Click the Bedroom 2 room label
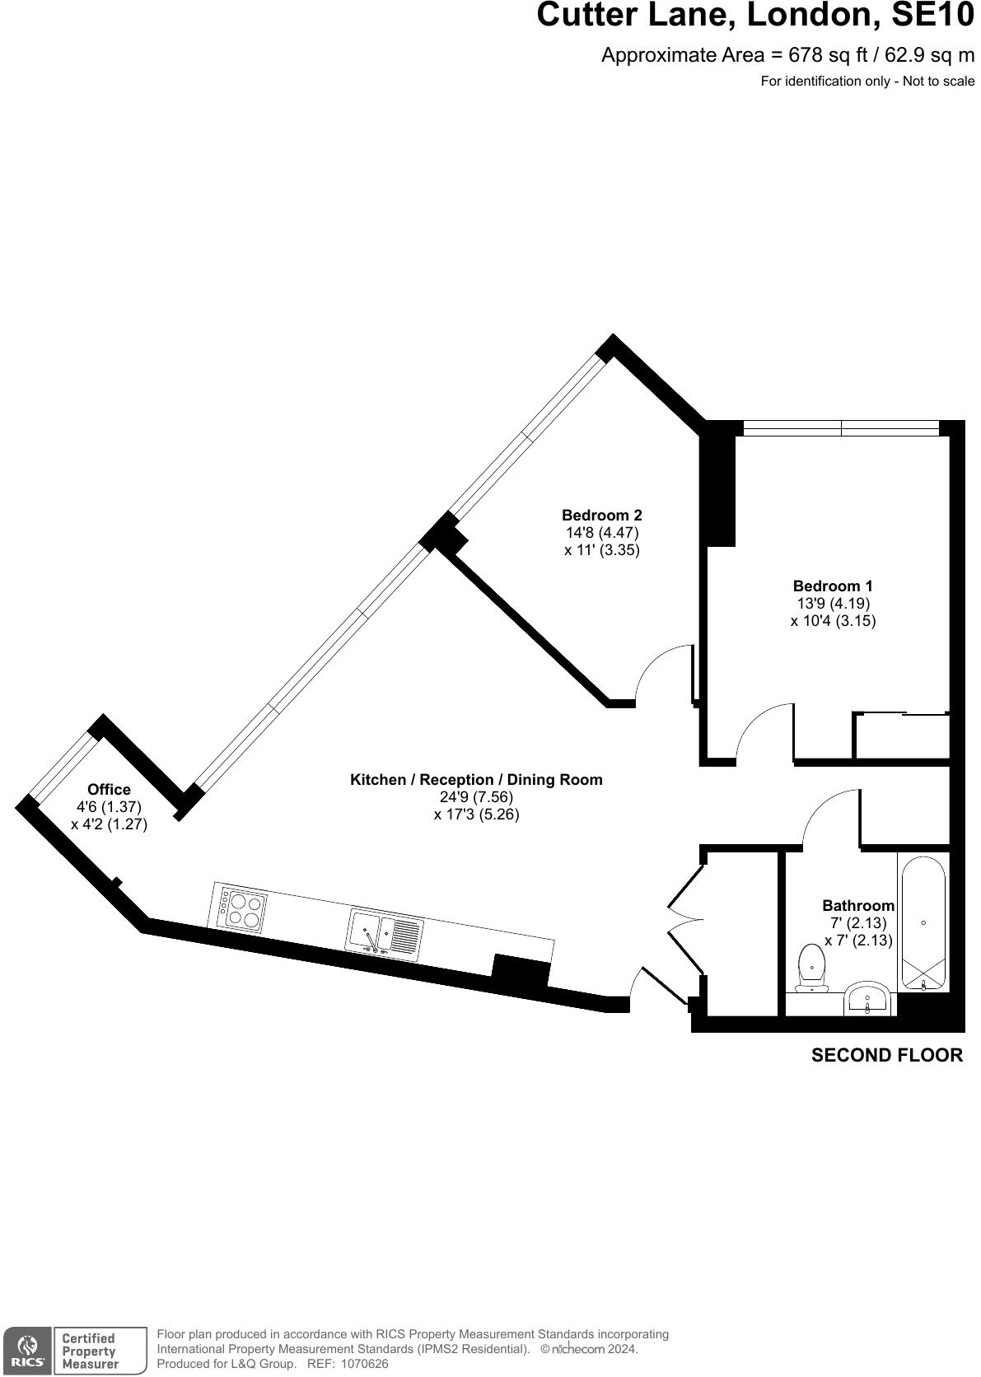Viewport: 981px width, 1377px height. click(x=601, y=516)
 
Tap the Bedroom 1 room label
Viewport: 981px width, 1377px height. click(x=832, y=586)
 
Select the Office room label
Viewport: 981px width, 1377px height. click(x=109, y=790)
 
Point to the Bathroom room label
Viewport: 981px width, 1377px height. click(x=857, y=906)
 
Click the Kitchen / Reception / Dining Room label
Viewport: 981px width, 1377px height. click(x=476, y=780)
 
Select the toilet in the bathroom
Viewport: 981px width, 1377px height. click(x=812, y=969)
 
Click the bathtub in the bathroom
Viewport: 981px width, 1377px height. click(x=923, y=922)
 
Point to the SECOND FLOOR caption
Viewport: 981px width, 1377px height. click(x=886, y=1056)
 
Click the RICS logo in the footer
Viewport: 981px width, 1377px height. click(x=28, y=1351)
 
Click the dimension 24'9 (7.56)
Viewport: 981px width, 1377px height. click(x=476, y=797)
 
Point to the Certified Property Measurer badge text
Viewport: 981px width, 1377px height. click(x=91, y=1351)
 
